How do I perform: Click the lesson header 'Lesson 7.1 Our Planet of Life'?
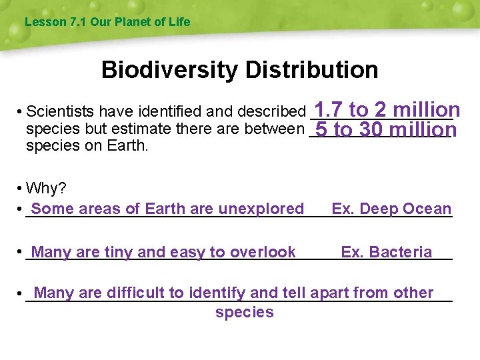point(107,22)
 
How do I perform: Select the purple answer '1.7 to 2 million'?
point(387,109)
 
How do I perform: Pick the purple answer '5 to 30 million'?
point(386,129)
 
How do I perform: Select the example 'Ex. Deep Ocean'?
point(391,209)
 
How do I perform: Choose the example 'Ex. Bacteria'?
point(386,252)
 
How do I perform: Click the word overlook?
point(263,252)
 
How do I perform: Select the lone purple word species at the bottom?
point(245,313)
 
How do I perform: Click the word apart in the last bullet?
point(330,293)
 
